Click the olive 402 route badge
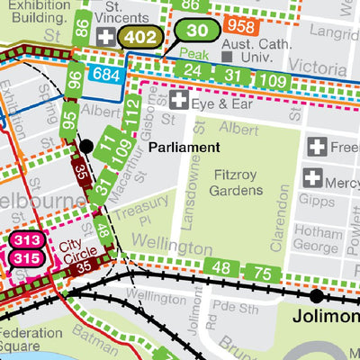point(141,37)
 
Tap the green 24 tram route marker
point(191,71)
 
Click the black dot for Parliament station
point(86,146)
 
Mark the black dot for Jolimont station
point(317,295)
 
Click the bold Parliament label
point(184,147)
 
